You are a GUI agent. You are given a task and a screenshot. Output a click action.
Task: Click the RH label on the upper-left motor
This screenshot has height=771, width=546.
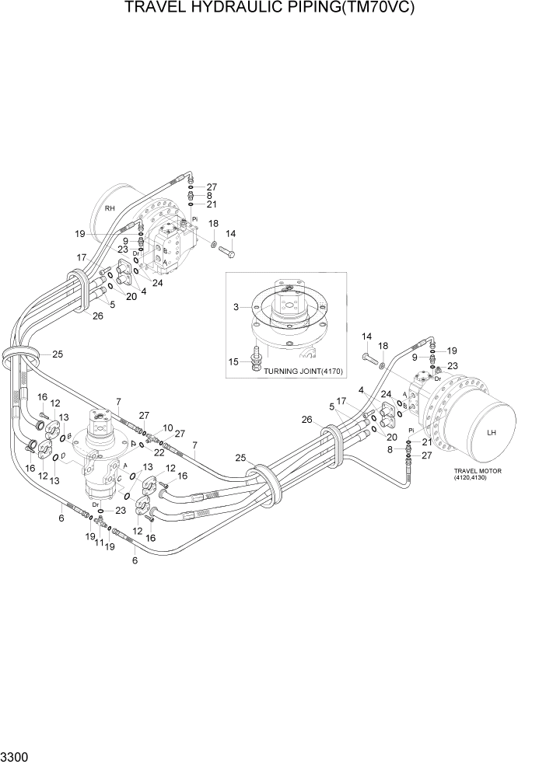(x=110, y=208)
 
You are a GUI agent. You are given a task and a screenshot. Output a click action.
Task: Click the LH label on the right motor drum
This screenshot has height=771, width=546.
(x=491, y=434)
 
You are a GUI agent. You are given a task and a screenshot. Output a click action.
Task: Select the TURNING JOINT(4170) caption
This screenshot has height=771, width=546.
(x=298, y=371)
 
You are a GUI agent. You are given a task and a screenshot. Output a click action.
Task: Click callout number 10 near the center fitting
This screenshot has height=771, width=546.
(x=167, y=428)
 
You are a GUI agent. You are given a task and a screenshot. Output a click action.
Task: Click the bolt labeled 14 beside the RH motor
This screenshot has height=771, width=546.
(x=226, y=250)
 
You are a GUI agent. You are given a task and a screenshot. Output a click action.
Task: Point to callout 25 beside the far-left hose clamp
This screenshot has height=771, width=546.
(x=57, y=354)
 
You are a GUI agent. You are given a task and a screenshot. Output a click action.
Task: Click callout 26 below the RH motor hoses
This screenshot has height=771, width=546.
(x=97, y=316)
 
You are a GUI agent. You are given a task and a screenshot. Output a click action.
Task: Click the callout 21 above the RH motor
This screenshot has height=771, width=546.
(x=212, y=204)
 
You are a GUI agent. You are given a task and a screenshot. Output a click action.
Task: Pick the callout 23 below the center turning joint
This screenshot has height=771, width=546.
(x=121, y=511)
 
